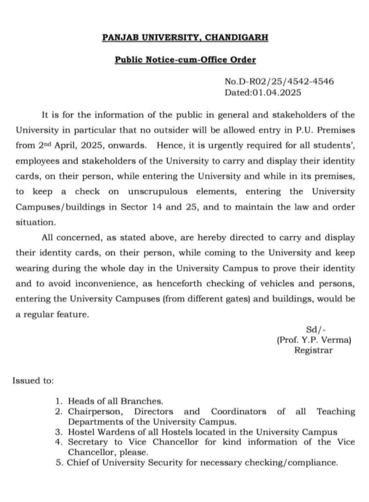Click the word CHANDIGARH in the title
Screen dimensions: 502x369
click(237, 38)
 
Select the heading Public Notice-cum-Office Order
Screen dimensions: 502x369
click(185, 60)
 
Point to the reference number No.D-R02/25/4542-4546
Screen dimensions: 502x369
click(279, 82)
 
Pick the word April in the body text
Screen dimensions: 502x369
click(64, 145)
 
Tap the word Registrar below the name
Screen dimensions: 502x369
click(313, 350)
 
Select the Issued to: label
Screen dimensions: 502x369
click(33, 381)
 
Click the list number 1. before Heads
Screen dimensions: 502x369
click(59, 401)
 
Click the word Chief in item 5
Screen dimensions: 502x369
click(78, 462)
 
